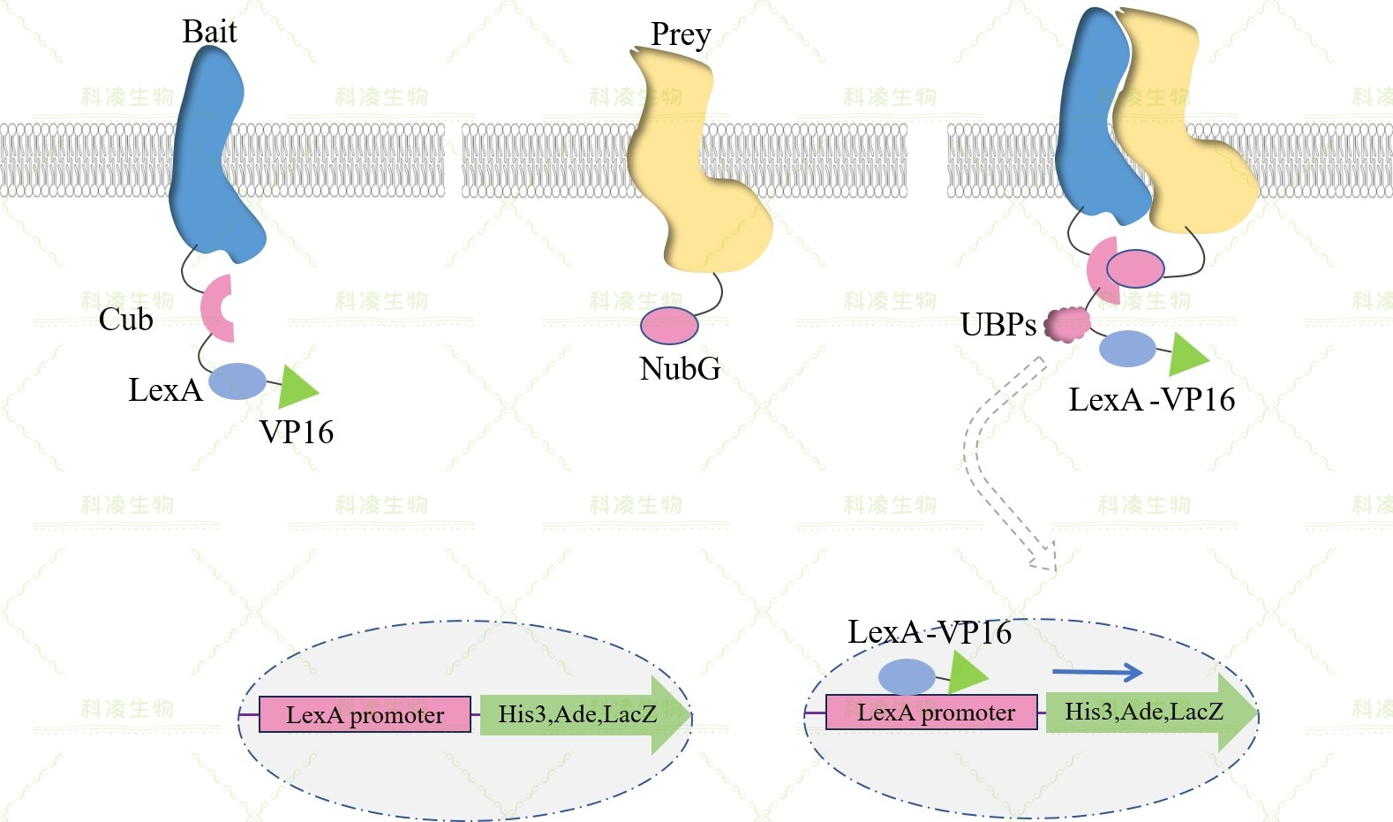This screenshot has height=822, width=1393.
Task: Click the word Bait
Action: coord(209,32)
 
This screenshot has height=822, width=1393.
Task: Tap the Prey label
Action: coord(680,34)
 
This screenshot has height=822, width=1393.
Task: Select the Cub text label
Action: coord(125,319)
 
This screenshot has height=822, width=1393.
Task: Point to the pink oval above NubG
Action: coord(669,325)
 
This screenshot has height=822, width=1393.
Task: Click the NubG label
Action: coord(680,368)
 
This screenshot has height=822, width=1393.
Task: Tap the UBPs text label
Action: coord(998,325)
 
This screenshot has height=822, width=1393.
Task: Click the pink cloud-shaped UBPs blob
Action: coord(1066,325)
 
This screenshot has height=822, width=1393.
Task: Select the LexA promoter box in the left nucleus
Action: coord(365,714)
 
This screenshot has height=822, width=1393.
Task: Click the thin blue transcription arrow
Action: coord(1096,673)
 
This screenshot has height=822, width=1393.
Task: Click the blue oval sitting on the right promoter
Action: coord(907,677)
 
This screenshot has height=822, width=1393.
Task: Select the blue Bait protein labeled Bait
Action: coord(212,159)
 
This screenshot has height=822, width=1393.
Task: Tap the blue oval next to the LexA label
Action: coord(237,381)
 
